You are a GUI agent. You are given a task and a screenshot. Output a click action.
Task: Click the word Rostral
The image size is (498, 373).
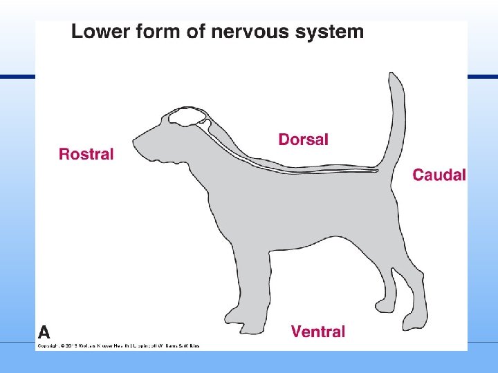coord(86,154)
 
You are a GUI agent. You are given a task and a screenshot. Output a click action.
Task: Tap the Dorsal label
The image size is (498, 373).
coord(303,140)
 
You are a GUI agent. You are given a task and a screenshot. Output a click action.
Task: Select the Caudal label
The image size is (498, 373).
coord(439,175)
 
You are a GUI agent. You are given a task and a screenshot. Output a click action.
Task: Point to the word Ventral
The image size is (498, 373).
coord(317,332)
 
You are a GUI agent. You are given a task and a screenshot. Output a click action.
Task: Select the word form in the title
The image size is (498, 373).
coord(156,31)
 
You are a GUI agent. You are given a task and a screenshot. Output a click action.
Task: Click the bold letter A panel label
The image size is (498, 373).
coord(44,331)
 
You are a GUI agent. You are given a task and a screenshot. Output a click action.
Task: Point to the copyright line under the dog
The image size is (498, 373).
coord(118,345)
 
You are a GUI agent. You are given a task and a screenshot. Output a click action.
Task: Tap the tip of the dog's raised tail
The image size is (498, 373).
coord(394,77)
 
